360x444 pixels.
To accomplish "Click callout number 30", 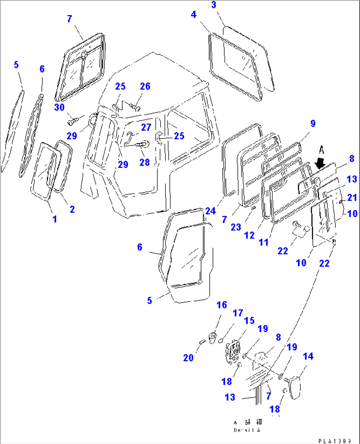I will (x=59, y=107).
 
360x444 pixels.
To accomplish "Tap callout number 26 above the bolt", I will (x=145, y=86).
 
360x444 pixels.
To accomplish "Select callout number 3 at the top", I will (x=214, y=5).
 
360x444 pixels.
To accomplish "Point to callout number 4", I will (x=194, y=15).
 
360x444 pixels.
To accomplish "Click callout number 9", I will (x=313, y=124).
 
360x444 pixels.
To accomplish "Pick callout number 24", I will (x=210, y=211).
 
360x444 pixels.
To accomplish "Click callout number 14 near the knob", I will (x=308, y=356).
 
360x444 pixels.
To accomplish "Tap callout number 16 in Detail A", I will (x=222, y=305).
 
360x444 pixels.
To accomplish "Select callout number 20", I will (x=188, y=357).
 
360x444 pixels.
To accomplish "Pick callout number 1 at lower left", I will (x=55, y=219).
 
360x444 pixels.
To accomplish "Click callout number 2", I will (x=72, y=209).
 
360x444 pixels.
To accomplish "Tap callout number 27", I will (x=146, y=127).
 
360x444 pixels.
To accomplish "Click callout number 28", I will (x=144, y=162).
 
